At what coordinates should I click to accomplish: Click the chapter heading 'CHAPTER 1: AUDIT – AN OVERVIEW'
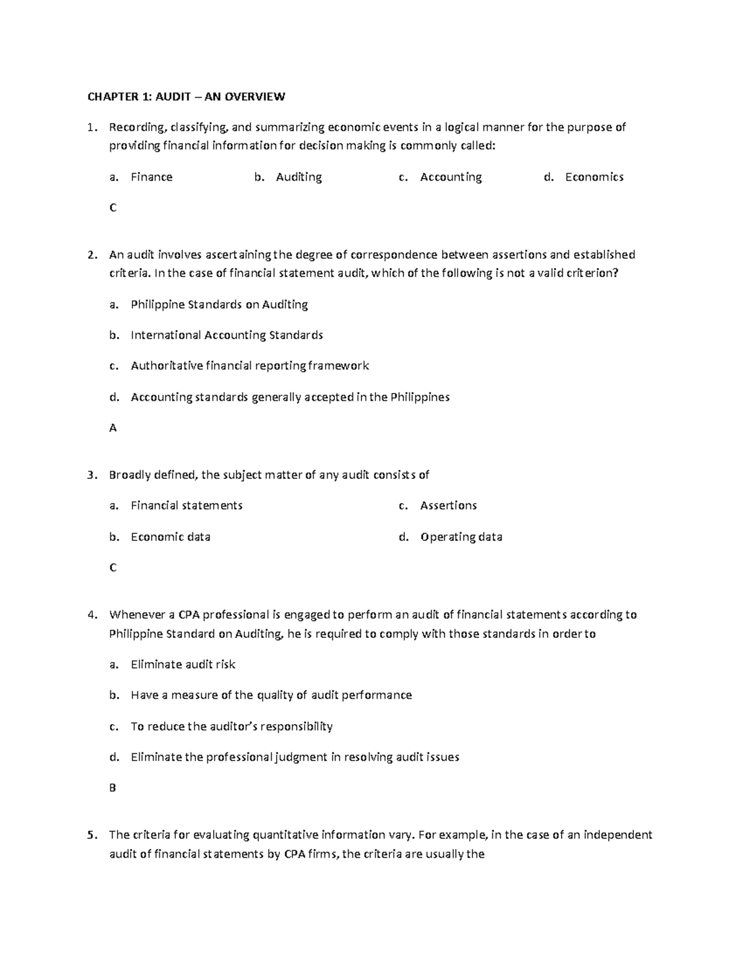(186, 97)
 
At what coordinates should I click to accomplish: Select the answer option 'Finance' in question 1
(151, 177)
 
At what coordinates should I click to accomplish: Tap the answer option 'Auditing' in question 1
(298, 177)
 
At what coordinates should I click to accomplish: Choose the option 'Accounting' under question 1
(450, 177)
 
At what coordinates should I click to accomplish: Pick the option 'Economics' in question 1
(594, 177)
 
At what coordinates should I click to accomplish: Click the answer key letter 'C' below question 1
(113, 208)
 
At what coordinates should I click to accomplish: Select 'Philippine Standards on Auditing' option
(219, 304)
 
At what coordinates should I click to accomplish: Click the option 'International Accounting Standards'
(227, 335)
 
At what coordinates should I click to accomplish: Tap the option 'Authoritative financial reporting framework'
(250, 366)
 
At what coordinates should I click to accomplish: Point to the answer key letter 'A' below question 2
(113, 428)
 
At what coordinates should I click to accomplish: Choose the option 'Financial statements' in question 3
(186, 506)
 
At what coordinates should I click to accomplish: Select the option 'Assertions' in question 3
(448, 506)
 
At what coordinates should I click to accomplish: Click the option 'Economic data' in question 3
(170, 537)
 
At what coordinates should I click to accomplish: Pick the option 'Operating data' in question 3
(461, 537)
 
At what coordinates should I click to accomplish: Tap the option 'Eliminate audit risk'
(183, 665)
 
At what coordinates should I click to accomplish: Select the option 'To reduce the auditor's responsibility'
(232, 726)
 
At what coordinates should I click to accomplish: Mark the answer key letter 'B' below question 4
(113, 788)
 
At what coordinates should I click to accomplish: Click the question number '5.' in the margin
(92, 835)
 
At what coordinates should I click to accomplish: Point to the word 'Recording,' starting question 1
(137, 127)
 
